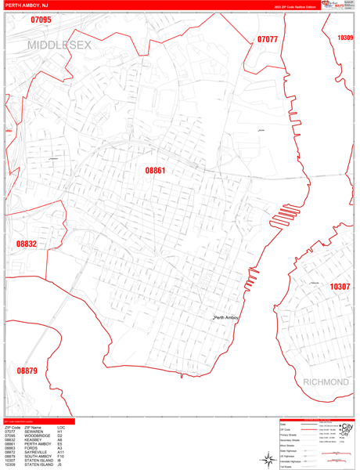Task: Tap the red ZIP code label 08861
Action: pyautogui.click(x=156, y=169)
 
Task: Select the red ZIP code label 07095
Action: pyautogui.click(x=41, y=20)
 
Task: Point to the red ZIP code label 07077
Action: pyautogui.click(x=268, y=39)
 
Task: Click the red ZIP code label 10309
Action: pyautogui.click(x=345, y=38)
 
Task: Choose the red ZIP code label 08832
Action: pyautogui.click(x=26, y=244)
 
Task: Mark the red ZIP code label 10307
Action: pyautogui.click(x=340, y=287)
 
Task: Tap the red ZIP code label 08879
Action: pyautogui.click(x=27, y=371)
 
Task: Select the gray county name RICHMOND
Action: pyautogui.click(x=325, y=381)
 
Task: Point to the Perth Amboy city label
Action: pyautogui.click(x=226, y=317)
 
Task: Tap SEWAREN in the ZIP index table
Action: pyautogui.click(x=34, y=431)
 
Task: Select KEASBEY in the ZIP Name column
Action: pyautogui.click(x=34, y=440)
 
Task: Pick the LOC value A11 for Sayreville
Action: pyautogui.click(x=60, y=452)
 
